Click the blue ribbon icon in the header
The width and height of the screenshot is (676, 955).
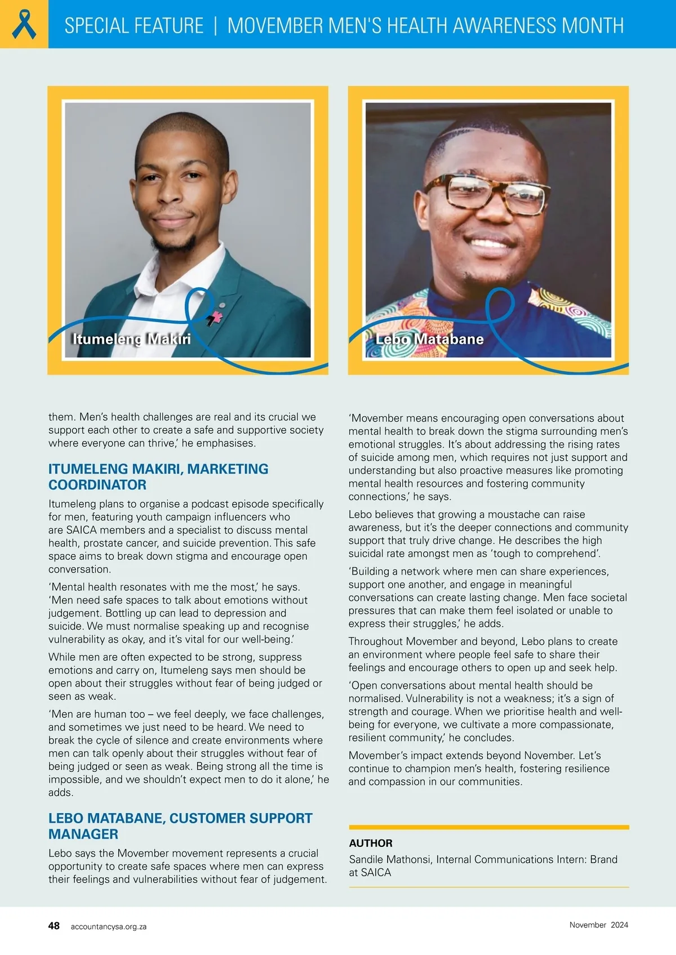coord(24,24)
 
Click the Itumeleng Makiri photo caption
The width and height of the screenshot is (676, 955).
coord(131,339)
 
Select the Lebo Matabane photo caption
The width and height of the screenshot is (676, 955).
coord(429,339)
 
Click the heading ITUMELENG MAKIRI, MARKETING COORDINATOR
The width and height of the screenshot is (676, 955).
coord(158,476)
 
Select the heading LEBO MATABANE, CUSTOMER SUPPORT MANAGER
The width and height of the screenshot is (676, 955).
coord(180,825)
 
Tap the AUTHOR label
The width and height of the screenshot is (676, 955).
coord(371,843)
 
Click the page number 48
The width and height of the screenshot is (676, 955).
coord(54,926)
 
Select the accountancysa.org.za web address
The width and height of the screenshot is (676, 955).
coord(108,926)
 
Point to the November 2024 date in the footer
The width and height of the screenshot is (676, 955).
coord(598,925)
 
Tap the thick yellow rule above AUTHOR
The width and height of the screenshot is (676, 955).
coord(488,827)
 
